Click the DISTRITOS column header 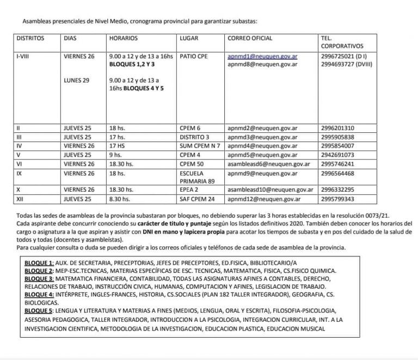coord(30,39)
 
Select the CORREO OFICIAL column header coord(250,39)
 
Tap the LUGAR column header coord(189,39)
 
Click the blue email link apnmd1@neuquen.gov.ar coord(262,56)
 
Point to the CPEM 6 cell coord(190,129)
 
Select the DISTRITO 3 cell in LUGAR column coord(194,137)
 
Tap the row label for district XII coord(21,199)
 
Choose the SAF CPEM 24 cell coord(197,199)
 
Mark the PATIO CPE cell coord(193,56)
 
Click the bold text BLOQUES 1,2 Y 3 coord(132,64)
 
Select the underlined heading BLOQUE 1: coord(39,263)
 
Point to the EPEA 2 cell coord(188,190)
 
